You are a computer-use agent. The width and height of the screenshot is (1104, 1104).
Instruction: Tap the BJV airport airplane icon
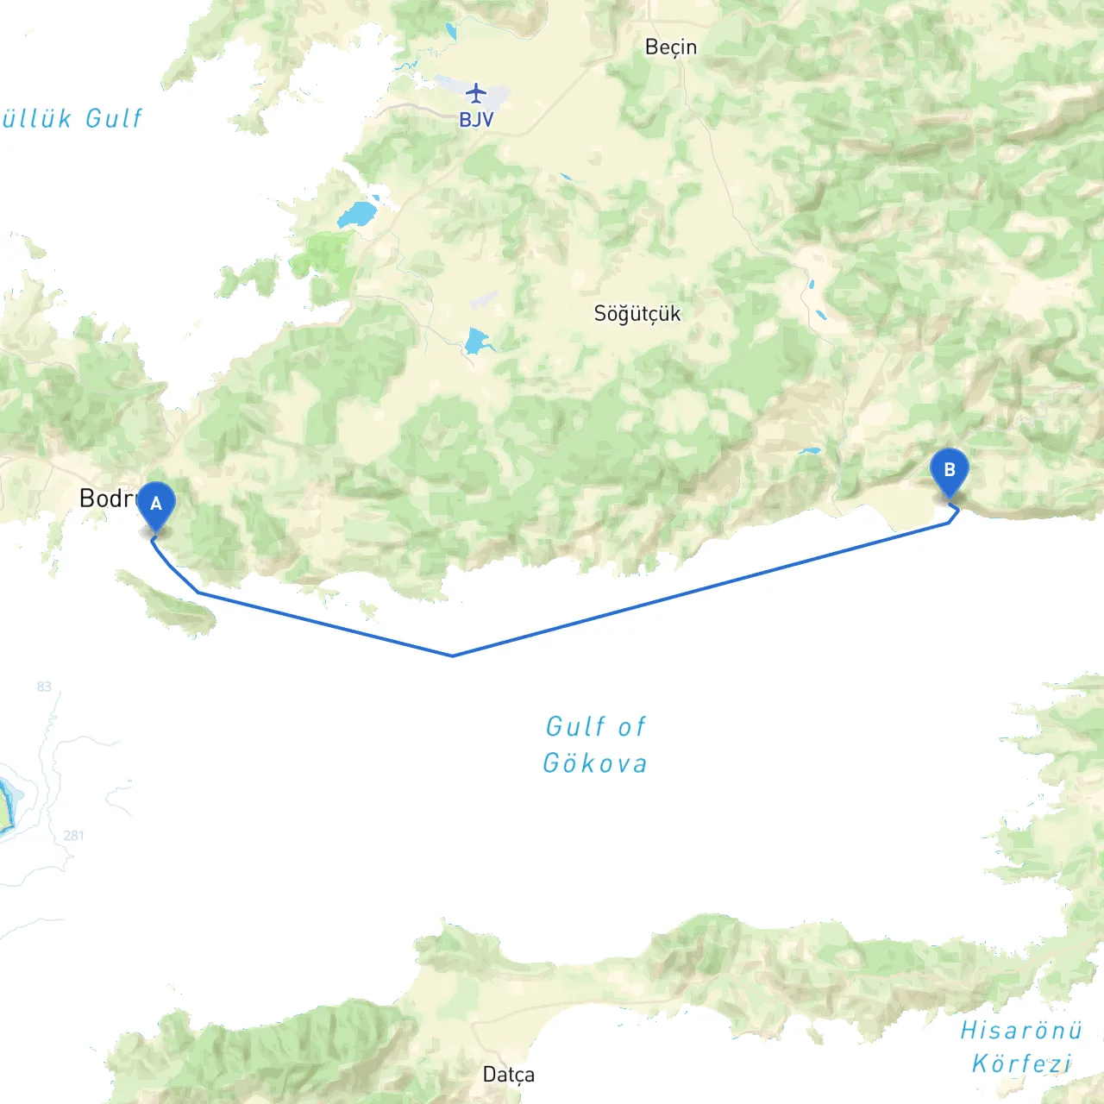tap(475, 92)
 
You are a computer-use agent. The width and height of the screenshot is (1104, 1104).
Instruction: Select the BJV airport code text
tap(476, 119)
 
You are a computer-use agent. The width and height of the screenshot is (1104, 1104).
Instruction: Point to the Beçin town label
tap(671, 47)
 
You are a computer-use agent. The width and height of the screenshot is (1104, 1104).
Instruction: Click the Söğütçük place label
tap(637, 313)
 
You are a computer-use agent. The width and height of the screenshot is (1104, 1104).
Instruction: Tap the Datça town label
tap(509, 1075)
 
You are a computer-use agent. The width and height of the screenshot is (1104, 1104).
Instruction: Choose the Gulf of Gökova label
tap(595, 745)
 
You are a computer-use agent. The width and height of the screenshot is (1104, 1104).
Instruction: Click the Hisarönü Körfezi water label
tap(1022, 1047)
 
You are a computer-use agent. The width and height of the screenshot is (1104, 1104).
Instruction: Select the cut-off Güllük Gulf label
tap(71, 119)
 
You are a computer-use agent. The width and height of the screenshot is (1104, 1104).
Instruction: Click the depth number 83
tap(44, 687)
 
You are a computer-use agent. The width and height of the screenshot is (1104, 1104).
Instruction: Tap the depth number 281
tap(74, 835)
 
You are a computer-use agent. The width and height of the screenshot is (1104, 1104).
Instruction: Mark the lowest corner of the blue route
tap(453, 655)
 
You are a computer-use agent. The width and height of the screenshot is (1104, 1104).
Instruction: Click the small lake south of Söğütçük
tap(476, 342)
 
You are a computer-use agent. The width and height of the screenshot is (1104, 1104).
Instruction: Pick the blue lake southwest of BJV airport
tap(357, 213)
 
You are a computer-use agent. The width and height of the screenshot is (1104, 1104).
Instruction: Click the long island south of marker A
tap(168, 602)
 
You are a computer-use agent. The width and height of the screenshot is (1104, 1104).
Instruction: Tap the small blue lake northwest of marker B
tap(810, 450)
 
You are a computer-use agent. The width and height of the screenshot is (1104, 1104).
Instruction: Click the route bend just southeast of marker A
tap(199, 592)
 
